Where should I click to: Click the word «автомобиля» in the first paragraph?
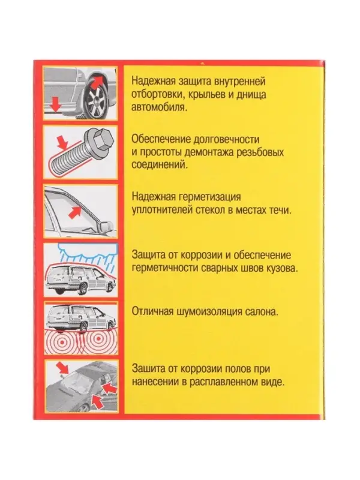[x=158, y=107]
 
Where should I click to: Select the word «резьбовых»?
[x=260, y=152]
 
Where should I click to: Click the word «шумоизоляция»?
[x=209, y=312]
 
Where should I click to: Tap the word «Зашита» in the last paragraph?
[x=148, y=368]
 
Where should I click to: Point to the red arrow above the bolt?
[x=62, y=142]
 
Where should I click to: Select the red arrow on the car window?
[x=74, y=212]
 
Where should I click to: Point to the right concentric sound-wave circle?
[x=98, y=338]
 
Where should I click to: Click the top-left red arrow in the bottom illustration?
[x=62, y=367]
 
